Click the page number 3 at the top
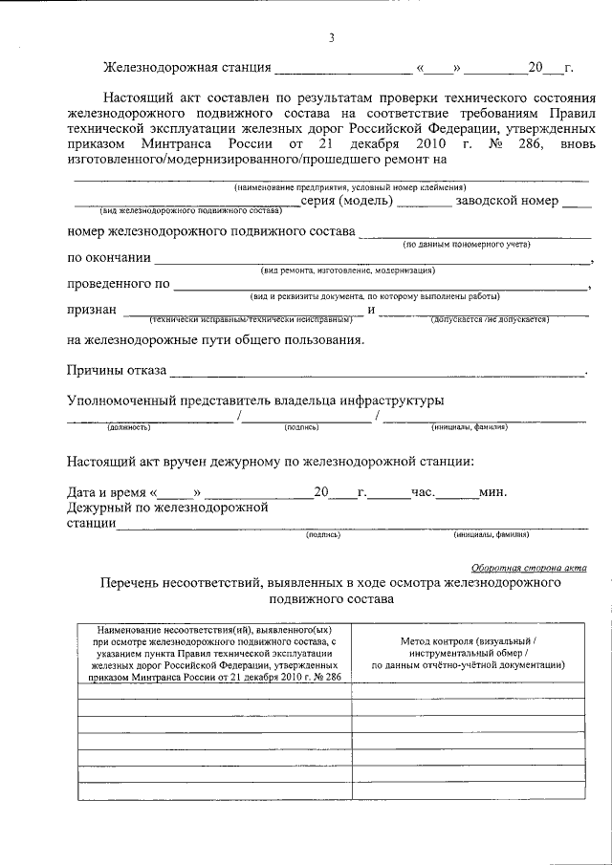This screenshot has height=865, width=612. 331,38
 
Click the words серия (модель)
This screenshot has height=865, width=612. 345,202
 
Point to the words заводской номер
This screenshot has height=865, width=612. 506,202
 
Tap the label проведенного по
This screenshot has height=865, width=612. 118,284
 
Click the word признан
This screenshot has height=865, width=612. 92,310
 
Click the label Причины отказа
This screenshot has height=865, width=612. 116,370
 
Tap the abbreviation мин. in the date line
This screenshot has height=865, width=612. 492,492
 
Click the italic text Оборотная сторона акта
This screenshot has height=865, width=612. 530,567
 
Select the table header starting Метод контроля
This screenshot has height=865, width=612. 468,651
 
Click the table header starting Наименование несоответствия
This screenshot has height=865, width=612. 213,651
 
